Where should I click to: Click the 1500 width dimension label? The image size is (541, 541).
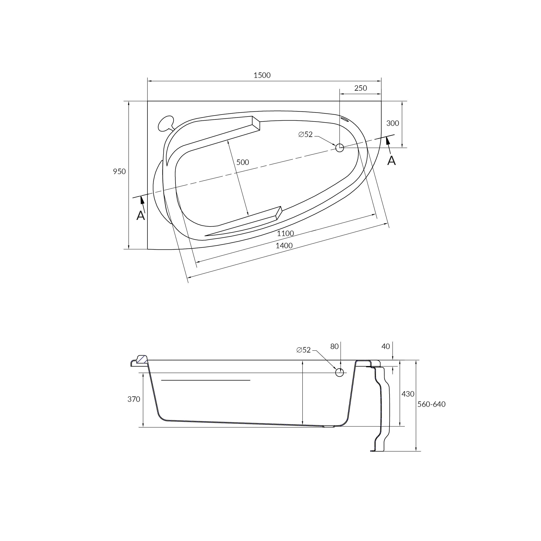point(262,75)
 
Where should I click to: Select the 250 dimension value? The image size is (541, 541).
point(360,88)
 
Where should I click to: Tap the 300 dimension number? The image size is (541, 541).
point(393,123)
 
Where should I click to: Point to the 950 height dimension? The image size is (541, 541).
point(119,171)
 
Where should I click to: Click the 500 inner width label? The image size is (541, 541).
point(243,163)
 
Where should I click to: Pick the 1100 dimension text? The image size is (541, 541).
point(285,233)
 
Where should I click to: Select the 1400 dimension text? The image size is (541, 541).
point(284,246)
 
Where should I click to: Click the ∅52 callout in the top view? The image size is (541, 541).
point(305,134)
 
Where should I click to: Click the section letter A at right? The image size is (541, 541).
point(392,161)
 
